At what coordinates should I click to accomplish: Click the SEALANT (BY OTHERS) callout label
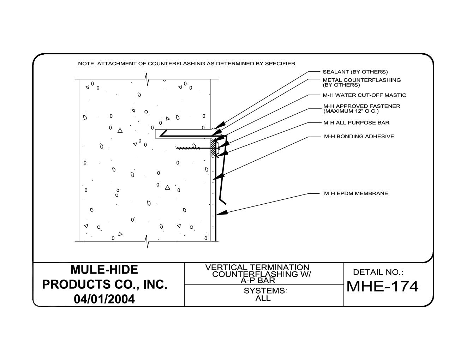click(355, 72)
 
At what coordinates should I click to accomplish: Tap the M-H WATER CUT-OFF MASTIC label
click(364, 95)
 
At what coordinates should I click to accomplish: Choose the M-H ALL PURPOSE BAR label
click(356, 123)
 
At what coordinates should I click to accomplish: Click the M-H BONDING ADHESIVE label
click(359, 137)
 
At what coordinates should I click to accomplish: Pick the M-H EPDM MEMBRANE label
click(356, 193)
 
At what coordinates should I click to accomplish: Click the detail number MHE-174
click(382, 286)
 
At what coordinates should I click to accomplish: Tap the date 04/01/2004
click(104, 299)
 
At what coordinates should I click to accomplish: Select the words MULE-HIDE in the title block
click(104, 270)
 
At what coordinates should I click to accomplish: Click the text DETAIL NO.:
click(378, 272)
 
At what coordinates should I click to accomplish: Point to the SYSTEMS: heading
click(265, 291)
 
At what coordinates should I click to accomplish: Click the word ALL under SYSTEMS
click(263, 299)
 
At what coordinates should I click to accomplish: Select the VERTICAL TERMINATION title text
click(257, 268)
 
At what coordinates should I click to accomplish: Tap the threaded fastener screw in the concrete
click(189, 148)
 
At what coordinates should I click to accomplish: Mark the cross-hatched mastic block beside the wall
click(214, 148)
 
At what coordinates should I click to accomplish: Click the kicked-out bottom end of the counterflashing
click(223, 202)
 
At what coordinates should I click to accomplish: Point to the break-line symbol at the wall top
click(147, 79)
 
